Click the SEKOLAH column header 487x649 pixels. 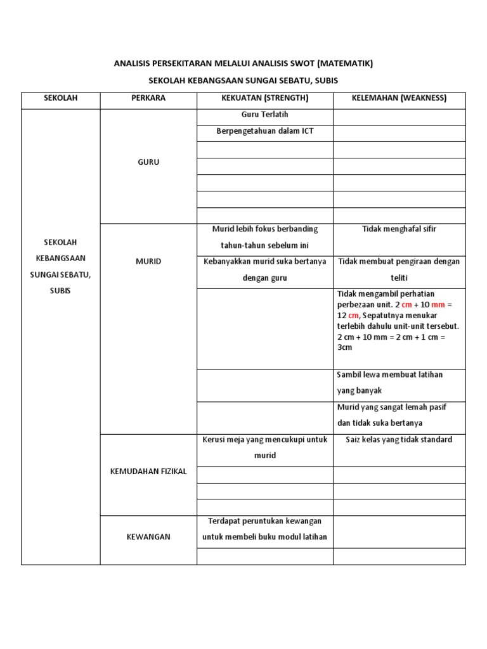click(x=60, y=98)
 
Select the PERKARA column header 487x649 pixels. click(x=148, y=98)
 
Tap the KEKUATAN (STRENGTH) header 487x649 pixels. click(x=264, y=98)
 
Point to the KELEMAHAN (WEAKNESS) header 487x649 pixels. click(x=399, y=98)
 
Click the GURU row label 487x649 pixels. click(x=148, y=162)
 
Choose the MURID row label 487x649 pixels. click(x=148, y=262)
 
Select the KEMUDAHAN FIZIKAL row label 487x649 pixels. click(x=148, y=472)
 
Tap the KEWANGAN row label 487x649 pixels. click(x=148, y=537)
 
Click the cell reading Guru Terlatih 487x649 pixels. click(x=264, y=115)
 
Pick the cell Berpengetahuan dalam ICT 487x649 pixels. click(x=264, y=131)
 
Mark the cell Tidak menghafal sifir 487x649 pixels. click(x=399, y=229)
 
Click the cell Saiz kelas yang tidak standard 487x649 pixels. click(x=399, y=439)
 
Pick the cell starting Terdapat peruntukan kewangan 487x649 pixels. click(x=264, y=529)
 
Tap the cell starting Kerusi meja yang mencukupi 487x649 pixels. click(x=264, y=447)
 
